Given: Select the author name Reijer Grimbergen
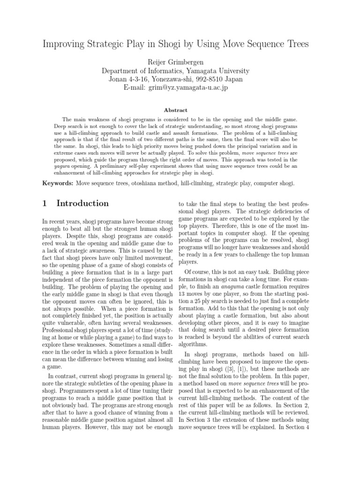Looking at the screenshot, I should [x=180, y=61].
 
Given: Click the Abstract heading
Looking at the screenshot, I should [x=180, y=110].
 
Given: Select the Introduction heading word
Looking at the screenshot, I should [x=82, y=203].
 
